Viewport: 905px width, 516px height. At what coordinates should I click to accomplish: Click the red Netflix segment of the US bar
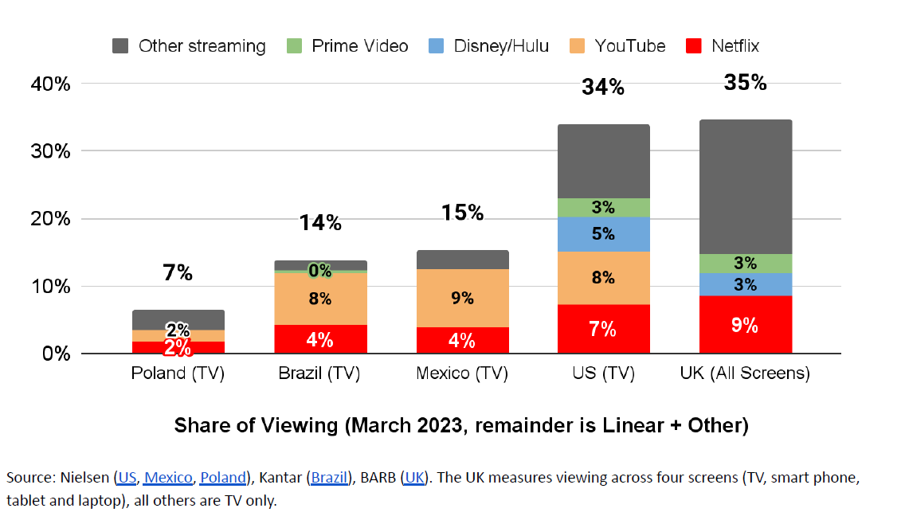(x=603, y=329)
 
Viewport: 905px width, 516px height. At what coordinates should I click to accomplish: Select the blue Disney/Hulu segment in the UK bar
(x=745, y=284)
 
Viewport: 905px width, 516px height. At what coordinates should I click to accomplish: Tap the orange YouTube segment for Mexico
(x=462, y=299)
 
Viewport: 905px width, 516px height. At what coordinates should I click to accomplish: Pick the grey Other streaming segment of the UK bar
(x=745, y=187)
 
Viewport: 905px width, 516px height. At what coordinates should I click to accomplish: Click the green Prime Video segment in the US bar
(x=603, y=208)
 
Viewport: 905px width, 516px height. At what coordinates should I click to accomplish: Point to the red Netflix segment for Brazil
(x=320, y=339)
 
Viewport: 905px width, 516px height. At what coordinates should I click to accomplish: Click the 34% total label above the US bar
(x=603, y=88)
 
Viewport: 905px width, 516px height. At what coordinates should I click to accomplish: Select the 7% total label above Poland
(x=178, y=273)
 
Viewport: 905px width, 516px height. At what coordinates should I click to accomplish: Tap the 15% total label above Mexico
(x=462, y=213)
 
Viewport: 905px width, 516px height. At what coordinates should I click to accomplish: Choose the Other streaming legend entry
(x=190, y=46)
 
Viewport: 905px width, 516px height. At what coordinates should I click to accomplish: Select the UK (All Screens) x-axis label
(x=745, y=373)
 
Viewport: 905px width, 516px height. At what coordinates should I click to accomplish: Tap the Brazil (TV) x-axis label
(x=319, y=373)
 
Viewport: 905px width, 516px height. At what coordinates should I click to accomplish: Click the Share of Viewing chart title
(x=461, y=426)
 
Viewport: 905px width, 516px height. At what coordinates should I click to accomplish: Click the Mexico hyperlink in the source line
(x=168, y=478)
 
